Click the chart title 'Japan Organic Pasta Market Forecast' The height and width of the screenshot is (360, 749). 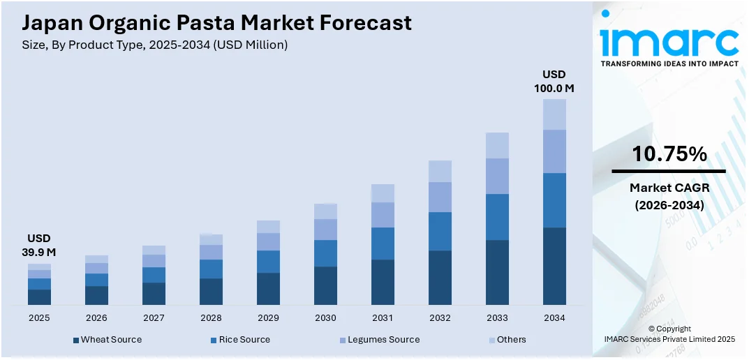pos(216,23)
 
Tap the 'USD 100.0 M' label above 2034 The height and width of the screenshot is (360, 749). pos(554,82)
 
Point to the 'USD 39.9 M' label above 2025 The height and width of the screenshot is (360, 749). pos(39,245)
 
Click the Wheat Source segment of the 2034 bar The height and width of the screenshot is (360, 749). pos(554,266)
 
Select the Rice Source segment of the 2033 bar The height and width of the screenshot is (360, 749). pos(497,217)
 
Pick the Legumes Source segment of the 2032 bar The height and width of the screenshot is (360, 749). pos(440,197)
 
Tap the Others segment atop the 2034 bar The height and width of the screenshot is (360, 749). pos(554,114)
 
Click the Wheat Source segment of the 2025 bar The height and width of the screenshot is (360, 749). pos(39,297)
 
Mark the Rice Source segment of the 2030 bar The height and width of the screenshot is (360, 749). pos(325,253)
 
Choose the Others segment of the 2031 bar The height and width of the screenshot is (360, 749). pos(383,193)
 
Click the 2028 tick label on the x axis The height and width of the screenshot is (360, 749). pos(211,317)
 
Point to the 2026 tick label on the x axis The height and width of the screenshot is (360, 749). pos(96,317)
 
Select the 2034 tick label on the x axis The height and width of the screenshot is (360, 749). pos(554,317)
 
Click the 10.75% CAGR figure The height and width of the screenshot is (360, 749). pos(669,154)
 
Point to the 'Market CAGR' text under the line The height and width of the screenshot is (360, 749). pos(669,188)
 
